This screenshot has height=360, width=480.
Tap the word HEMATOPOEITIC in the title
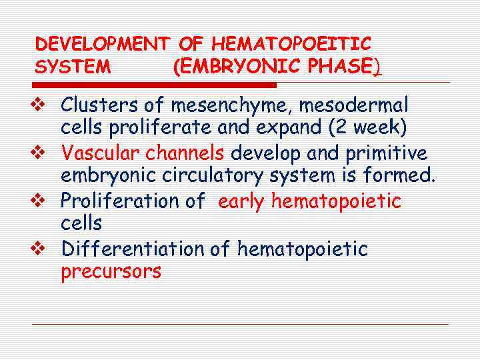pyautogui.click(x=291, y=45)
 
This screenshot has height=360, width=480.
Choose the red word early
pyautogui.click(x=241, y=201)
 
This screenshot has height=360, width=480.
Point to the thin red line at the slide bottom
pyautogui.click(x=240, y=325)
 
